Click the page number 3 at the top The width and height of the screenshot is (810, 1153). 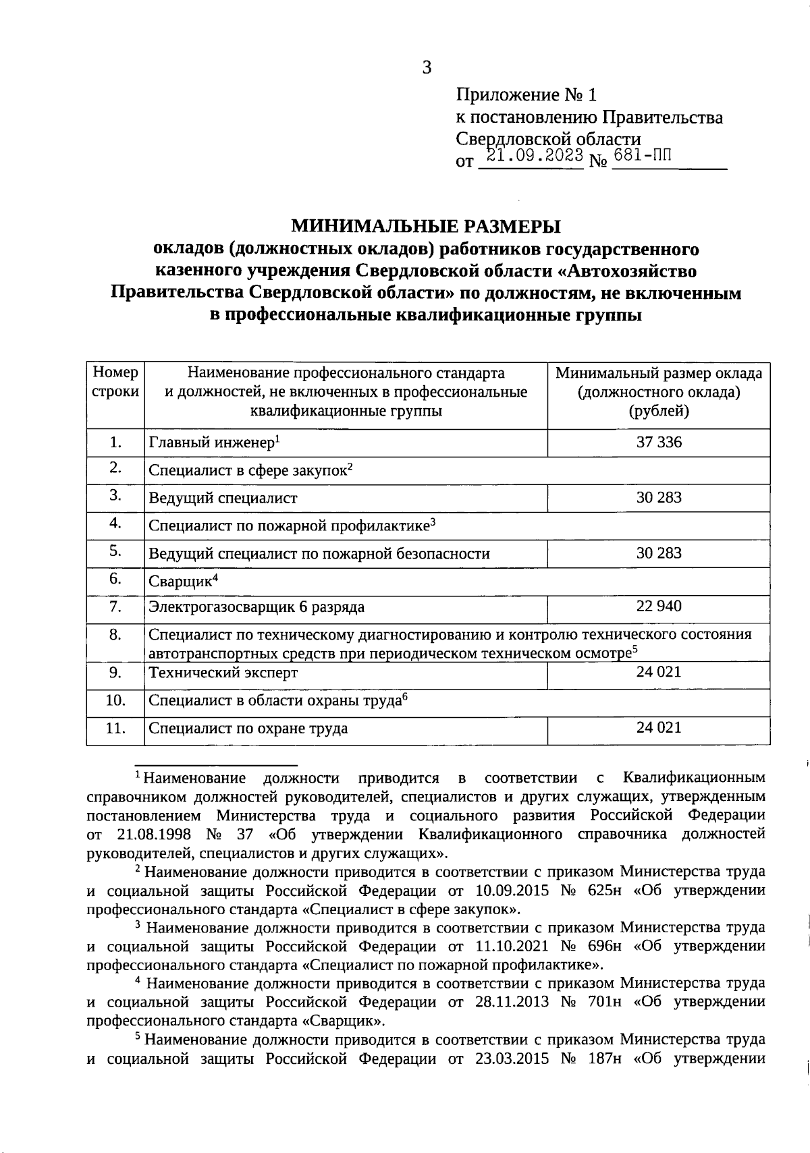point(426,67)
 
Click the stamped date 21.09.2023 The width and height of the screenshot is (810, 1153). point(535,156)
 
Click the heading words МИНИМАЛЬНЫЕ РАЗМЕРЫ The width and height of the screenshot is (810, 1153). point(425,225)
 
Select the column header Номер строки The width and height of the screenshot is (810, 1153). point(115,383)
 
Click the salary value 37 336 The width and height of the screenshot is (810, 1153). point(658,443)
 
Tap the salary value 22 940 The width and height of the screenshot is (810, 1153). point(658,607)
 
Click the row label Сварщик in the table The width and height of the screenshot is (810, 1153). point(182,581)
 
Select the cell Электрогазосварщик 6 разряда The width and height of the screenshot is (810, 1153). point(256,607)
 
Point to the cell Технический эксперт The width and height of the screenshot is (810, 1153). point(223,673)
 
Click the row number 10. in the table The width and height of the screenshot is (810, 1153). point(115,701)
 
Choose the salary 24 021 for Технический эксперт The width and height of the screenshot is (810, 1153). point(658,672)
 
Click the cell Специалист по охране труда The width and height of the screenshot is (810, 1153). point(248,729)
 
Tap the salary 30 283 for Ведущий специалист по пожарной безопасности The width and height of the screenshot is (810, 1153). point(658,553)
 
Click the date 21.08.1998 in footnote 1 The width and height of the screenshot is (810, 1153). point(150,835)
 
